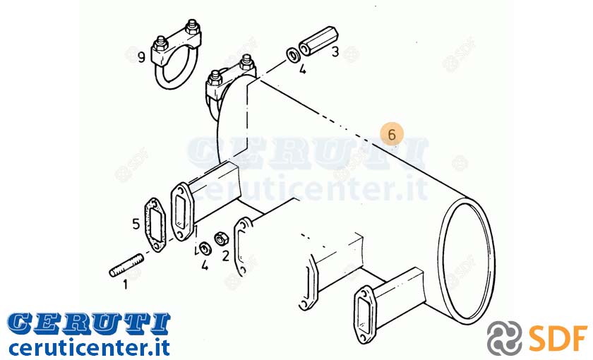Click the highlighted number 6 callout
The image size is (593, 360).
392,134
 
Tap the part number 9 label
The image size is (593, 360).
141,57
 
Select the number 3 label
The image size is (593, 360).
335,52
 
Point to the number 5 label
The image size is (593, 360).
136,224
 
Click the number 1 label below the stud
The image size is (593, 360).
125,284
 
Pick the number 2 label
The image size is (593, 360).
226,256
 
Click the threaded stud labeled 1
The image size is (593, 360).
126,266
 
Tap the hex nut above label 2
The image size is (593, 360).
220,239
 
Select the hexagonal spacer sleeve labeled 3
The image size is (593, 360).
319,41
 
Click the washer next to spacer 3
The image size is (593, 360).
293,55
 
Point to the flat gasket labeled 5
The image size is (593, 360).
155,224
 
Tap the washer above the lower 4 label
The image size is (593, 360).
205,248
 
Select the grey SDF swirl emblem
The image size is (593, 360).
505,337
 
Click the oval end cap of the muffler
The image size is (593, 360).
467,258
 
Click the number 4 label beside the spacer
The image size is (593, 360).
303,69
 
